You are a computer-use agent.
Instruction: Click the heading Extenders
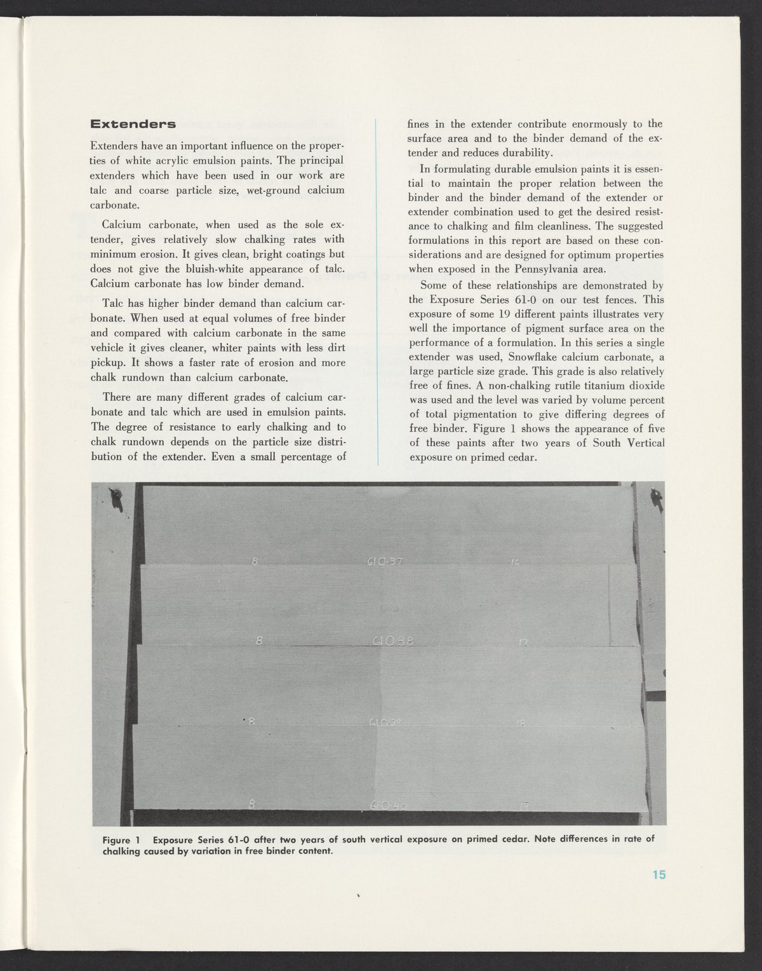pyautogui.click(x=133, y=124)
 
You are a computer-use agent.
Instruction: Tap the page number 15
pyautogui.click(x=658, y=875)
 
